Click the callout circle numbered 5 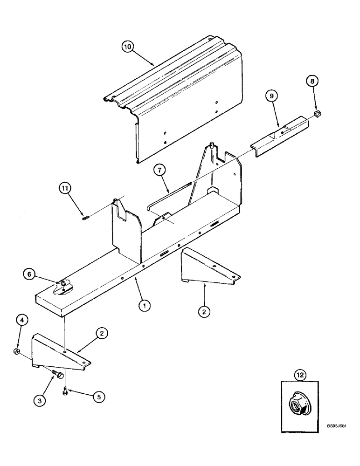[98, 397]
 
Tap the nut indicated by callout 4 [16, 350]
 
